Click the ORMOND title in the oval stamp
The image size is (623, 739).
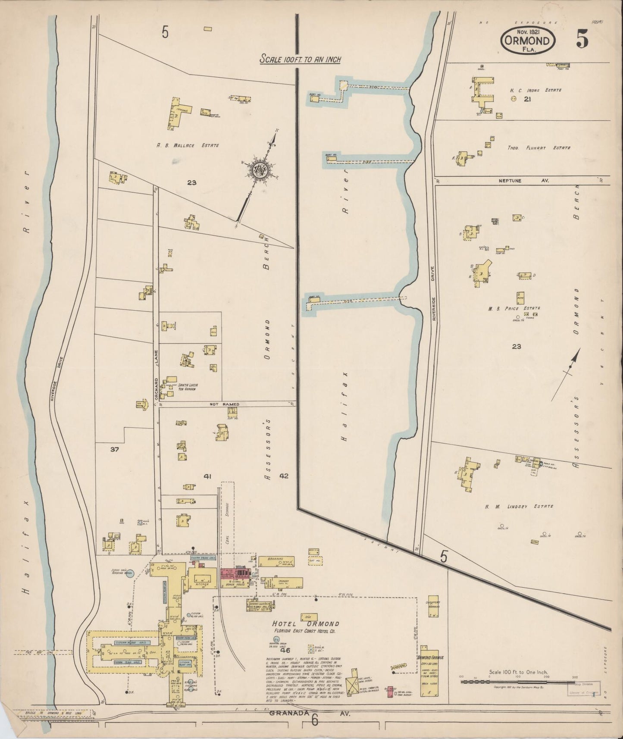click(528, 41)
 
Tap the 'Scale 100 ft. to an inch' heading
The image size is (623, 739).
click(300, 59)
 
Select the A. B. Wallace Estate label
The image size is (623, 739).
click(188, 145)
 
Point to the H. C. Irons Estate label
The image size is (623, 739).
click(535, 90)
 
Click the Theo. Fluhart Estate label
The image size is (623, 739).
click(538, 147)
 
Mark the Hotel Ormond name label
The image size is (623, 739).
click(305, 623)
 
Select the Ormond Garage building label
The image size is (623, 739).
click(431, 657)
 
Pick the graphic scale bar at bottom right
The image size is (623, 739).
click(518, 682)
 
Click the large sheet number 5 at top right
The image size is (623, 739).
click(582, 40)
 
